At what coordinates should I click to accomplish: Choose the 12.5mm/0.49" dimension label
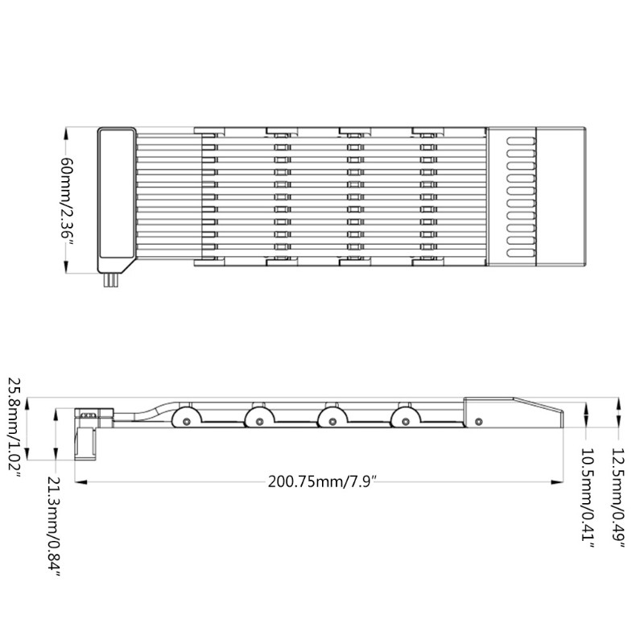click(617, 499)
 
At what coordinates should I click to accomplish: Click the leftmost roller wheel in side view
click(186, 419)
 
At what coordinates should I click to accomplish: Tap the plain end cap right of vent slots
click(563, 197)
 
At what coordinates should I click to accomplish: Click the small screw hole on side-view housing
click(480, 420)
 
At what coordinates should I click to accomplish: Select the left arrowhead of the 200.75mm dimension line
click(78, 482)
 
